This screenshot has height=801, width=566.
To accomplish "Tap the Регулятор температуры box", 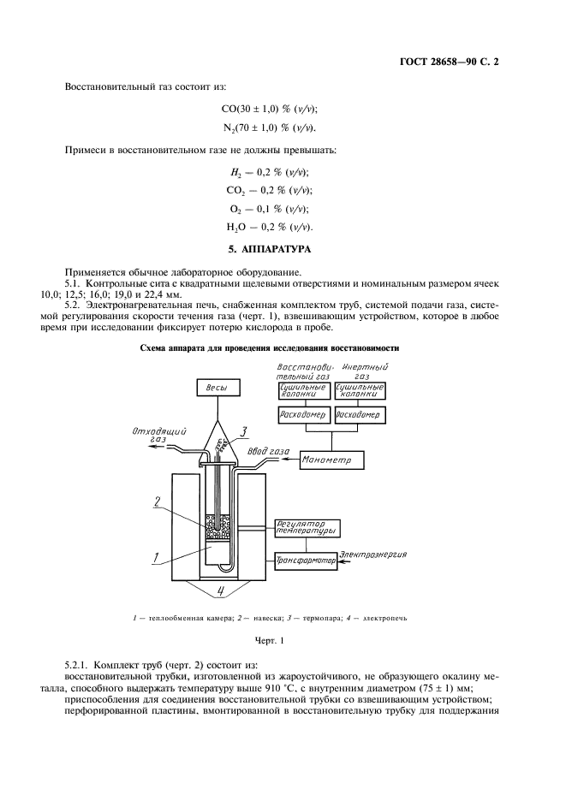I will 307,527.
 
